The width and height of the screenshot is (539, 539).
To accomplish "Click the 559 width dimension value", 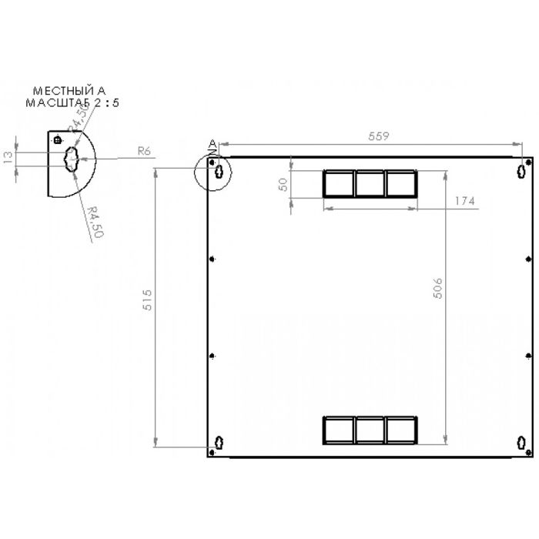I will click(x=377, y=136).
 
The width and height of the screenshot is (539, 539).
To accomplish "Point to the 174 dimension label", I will click(x=464, y=201).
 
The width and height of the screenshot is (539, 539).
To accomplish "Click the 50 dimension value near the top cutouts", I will click(x=283, y=186).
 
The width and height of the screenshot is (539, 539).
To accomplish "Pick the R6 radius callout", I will click(x=142, y=151).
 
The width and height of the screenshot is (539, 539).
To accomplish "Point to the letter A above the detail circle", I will click(x=213, y=144).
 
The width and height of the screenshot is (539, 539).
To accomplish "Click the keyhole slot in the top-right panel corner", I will click(x=524, y=169).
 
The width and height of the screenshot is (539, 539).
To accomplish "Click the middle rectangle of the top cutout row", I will click(x=370, y=183).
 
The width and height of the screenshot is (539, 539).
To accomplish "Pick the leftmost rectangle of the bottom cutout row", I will click(x=338, y=430).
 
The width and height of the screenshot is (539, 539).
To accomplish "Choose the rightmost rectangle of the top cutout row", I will click(x=400, y=183).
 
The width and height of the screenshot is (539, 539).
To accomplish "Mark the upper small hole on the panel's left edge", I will click(x=212, y=259).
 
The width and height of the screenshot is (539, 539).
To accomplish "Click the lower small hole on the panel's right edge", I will click(x=528, y=355).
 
